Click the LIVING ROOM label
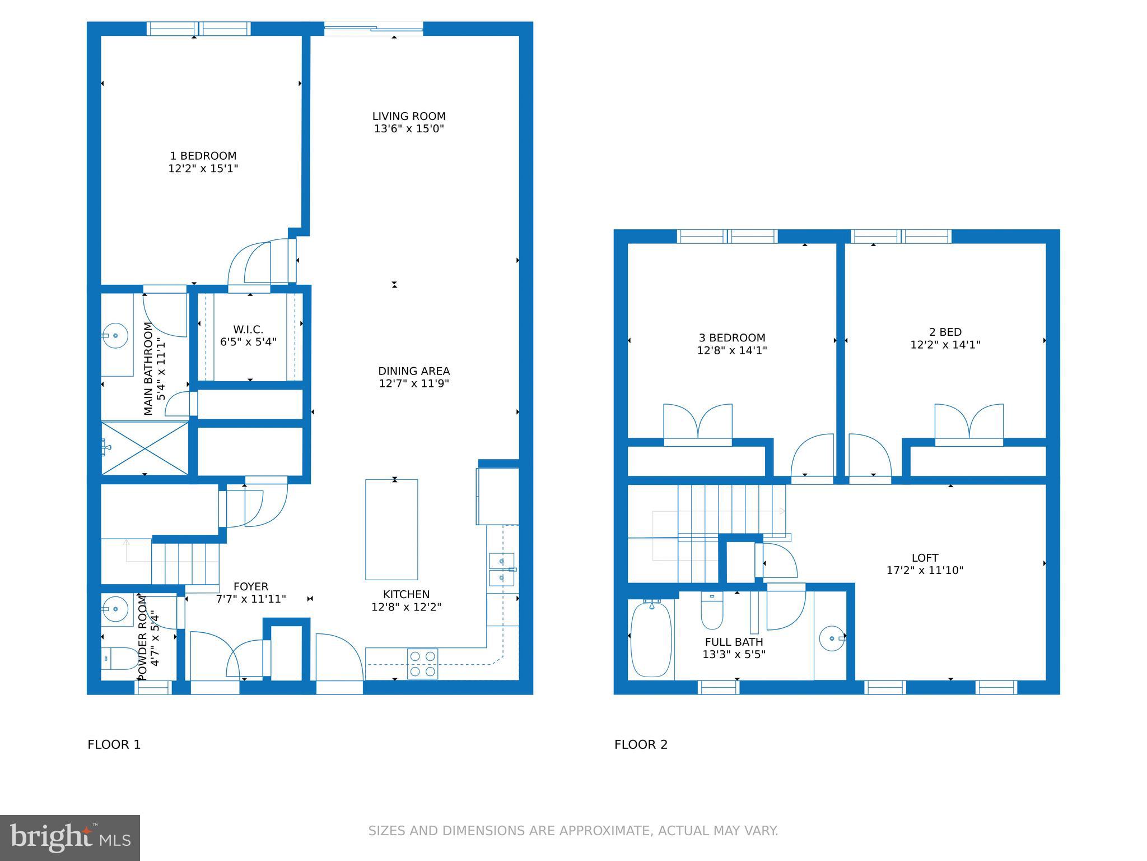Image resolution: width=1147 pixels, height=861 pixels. click(409, 117)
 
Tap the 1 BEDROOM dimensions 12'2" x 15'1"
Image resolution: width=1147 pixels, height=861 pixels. click(203, 168)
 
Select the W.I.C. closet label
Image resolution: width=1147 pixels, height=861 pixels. click(248, 330)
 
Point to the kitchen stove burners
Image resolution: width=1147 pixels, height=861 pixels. click(422, 663)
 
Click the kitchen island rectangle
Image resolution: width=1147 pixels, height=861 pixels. click(391, 529)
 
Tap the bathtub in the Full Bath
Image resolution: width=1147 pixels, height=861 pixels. click(651, 639)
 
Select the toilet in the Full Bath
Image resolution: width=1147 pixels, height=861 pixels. click(712, 614)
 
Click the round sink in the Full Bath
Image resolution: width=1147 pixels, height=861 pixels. click(832, 638)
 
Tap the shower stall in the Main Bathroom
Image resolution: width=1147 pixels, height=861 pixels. click(144, 448)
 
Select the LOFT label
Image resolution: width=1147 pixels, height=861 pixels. click(925, 558)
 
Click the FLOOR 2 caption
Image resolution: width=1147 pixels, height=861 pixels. click(641, 744)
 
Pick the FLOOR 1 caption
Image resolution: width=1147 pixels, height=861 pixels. click(114, 744)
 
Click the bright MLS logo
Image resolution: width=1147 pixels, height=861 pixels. click(70, 837)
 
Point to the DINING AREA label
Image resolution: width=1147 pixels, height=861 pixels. click(414, 371)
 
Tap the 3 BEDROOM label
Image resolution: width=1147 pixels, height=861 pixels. click(731, 338)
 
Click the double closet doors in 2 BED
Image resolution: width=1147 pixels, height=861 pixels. click(969, 424)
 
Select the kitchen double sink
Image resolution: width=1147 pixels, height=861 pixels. click(502, 568)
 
